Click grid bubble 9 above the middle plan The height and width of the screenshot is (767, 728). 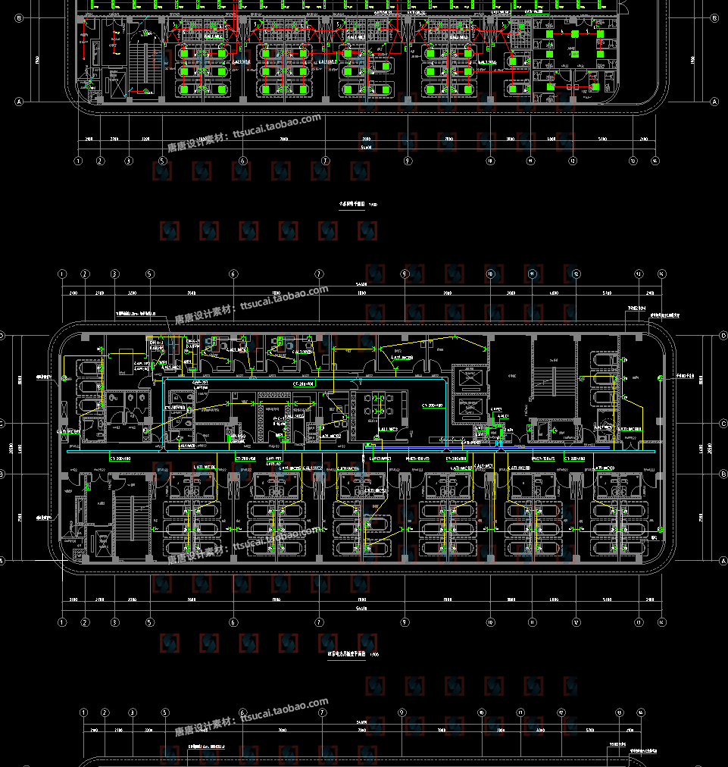point(405,274)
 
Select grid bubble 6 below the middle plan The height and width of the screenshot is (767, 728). point(233,622)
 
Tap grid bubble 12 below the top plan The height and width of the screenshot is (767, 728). point(573,161)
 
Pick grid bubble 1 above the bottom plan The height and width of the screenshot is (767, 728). point(83,712)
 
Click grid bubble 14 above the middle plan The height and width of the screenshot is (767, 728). point(661,274)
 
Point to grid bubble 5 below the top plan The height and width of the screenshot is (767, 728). point(162,161)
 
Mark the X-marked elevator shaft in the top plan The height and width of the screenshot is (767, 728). point(117,85)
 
